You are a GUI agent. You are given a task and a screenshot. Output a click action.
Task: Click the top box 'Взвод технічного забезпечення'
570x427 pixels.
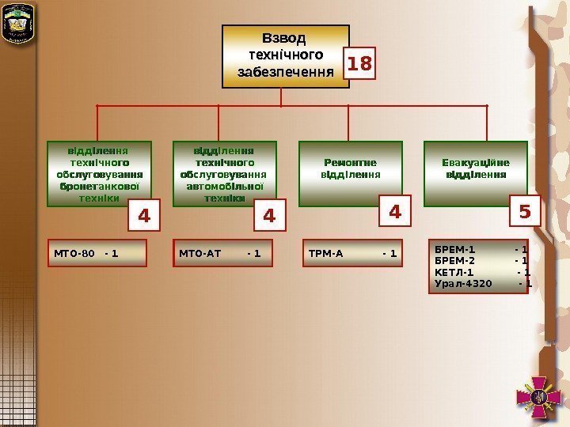(x=285, y=55)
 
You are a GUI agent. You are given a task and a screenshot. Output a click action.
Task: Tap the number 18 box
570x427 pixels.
(x=359, y=63)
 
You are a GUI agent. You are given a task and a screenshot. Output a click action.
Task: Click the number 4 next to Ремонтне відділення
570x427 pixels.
(x=395, y=212)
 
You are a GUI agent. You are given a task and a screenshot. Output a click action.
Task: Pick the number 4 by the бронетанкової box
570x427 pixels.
(x=144, y=214)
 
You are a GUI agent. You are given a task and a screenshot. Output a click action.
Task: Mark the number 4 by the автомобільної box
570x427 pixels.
(x=269, y=214)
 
